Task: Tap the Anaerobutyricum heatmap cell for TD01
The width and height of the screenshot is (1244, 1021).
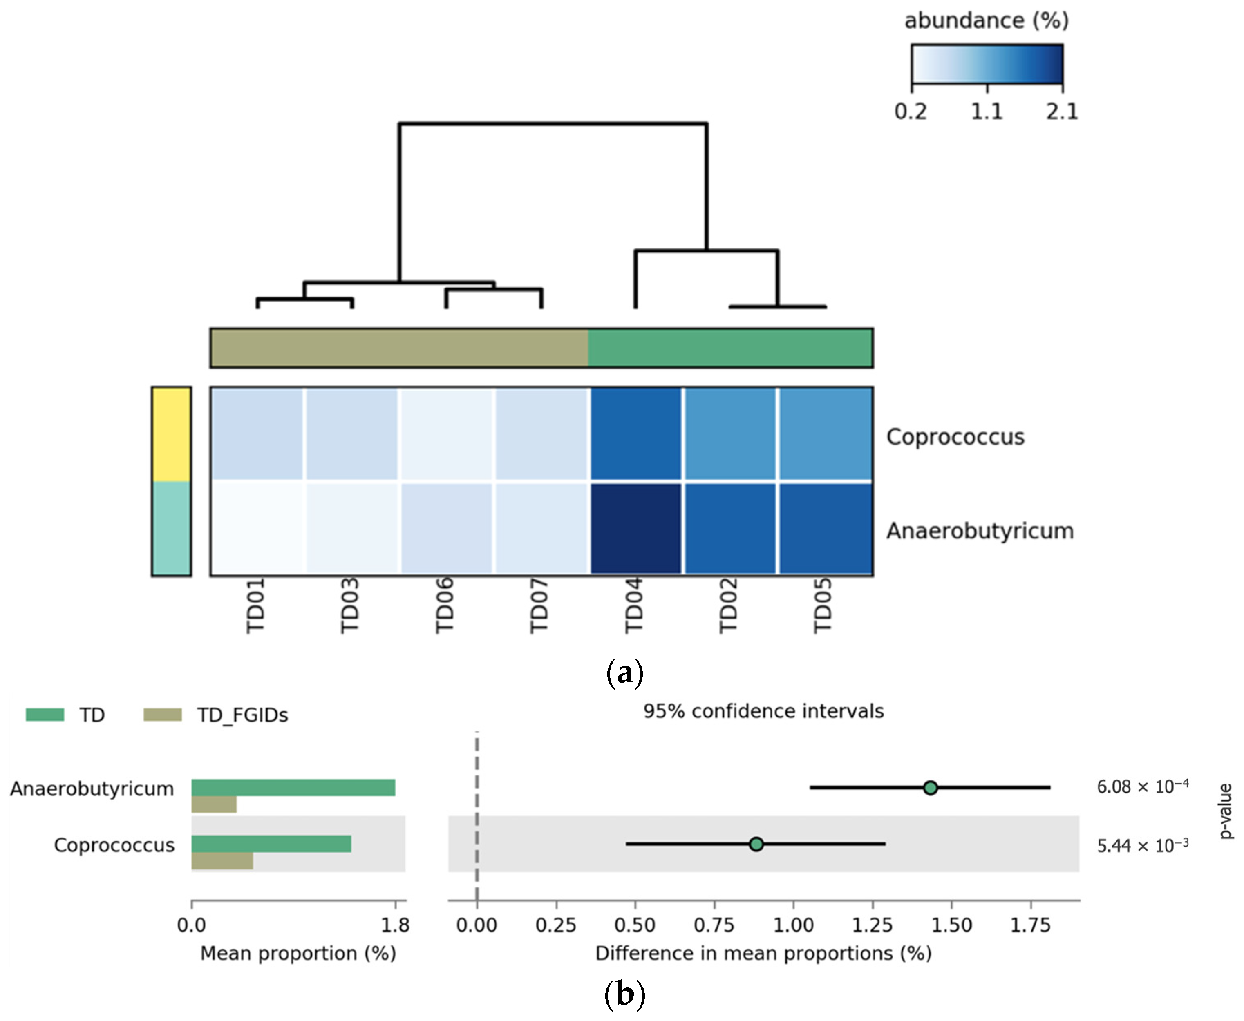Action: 257,528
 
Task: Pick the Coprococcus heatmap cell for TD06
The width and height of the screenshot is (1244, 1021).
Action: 446,433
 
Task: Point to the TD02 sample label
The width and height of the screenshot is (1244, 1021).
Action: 728,606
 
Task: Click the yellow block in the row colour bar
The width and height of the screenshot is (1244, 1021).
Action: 171,434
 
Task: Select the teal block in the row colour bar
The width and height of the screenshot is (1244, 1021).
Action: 171,528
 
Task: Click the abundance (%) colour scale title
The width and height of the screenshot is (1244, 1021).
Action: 987,20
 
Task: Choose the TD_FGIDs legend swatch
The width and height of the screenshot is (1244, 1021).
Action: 162,715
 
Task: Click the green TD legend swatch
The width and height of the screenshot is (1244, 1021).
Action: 45,715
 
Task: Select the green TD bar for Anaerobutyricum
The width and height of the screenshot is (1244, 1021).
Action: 293,788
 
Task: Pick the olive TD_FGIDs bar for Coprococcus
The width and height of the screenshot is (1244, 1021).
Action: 222,860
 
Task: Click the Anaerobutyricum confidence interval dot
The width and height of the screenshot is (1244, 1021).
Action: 930,788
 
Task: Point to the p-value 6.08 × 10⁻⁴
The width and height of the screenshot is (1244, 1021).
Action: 1142,787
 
